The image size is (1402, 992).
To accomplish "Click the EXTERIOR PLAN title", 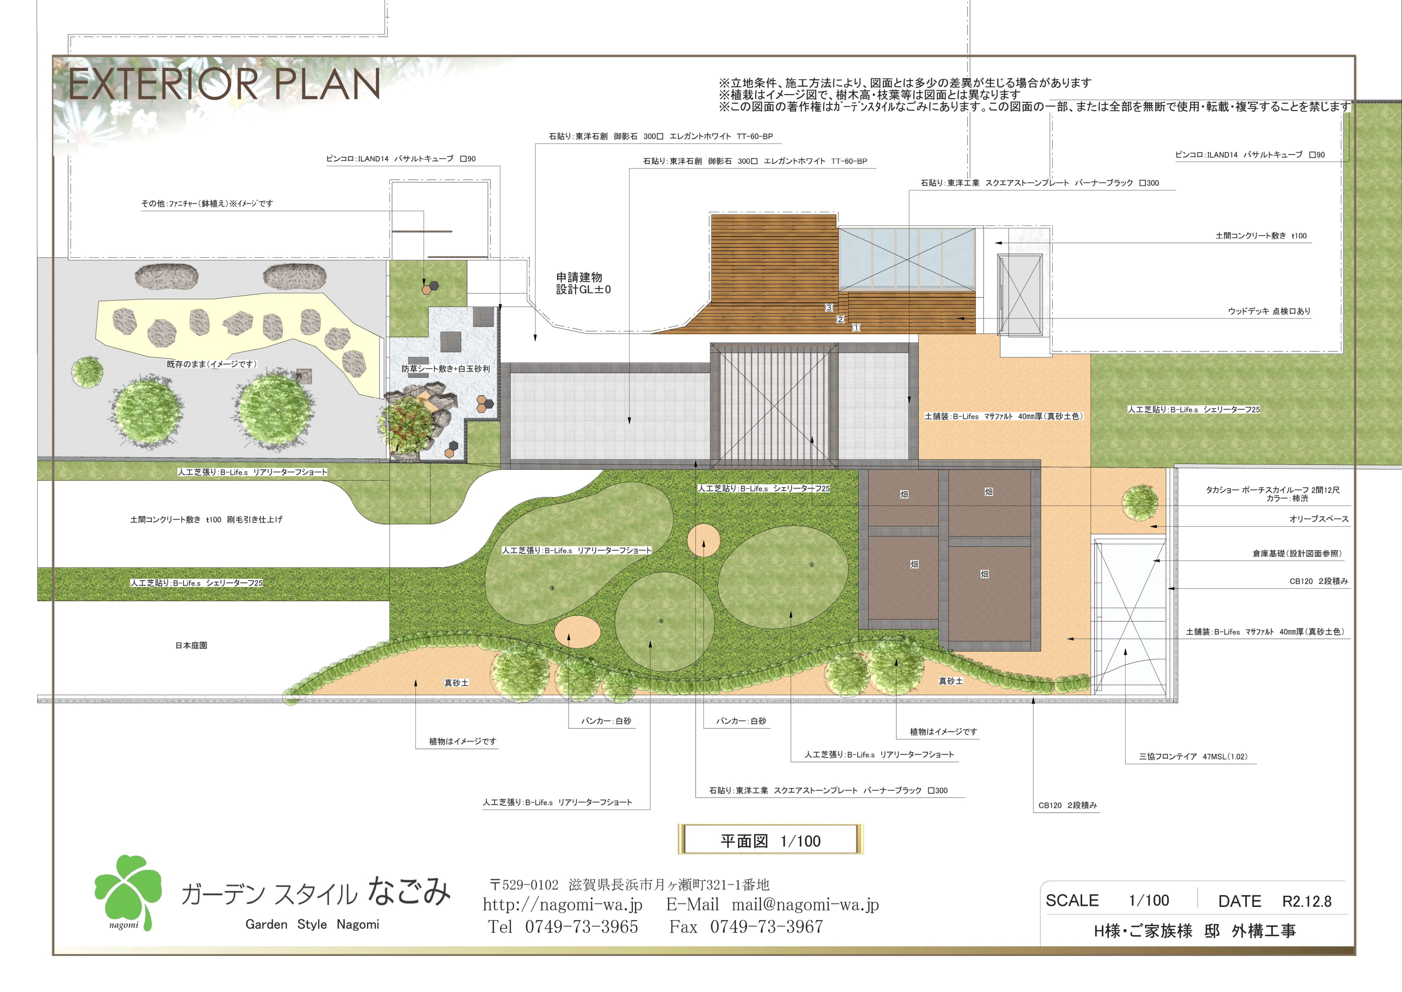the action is pos(224,84).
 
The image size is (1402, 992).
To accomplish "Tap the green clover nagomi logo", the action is pos(128,892).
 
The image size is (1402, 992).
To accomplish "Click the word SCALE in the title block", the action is pos(1072,900).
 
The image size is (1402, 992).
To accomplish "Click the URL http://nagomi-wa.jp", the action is pos(563,904).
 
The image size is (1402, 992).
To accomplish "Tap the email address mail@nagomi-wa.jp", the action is pos(805,904).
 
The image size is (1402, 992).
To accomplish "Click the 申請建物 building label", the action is pos(579,277).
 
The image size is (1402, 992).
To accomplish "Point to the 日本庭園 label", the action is pos(191,645).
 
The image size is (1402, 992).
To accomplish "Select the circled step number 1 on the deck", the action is pos(856,328).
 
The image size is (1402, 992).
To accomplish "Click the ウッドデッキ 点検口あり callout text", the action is pos(1269,311).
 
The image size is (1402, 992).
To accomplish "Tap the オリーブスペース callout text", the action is pos(1319,519).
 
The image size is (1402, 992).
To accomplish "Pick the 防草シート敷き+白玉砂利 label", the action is pos(445,369).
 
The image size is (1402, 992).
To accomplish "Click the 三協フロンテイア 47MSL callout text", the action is pos(1193,756).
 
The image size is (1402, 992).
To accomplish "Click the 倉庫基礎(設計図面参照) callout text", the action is pos(1296,553).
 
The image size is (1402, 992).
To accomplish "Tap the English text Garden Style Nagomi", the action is pos(312,924).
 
